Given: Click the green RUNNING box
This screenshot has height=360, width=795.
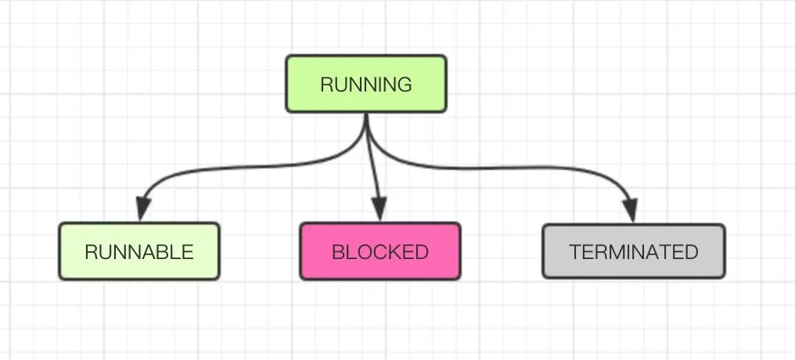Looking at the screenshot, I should coord(366,83).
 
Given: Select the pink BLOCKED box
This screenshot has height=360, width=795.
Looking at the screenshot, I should coord(380,251).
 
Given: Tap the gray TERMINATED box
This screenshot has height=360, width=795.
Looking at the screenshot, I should coord(634,251).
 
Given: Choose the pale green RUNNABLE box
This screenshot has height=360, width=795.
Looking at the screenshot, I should coord(139,251).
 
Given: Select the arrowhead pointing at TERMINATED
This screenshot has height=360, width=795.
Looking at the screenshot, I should coord(631,210).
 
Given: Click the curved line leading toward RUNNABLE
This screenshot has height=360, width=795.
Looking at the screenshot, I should coord(235,166).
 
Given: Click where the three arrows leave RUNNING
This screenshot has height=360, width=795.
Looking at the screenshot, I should coord(366,117).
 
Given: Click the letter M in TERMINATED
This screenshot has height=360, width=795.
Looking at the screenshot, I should coord(618,252).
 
